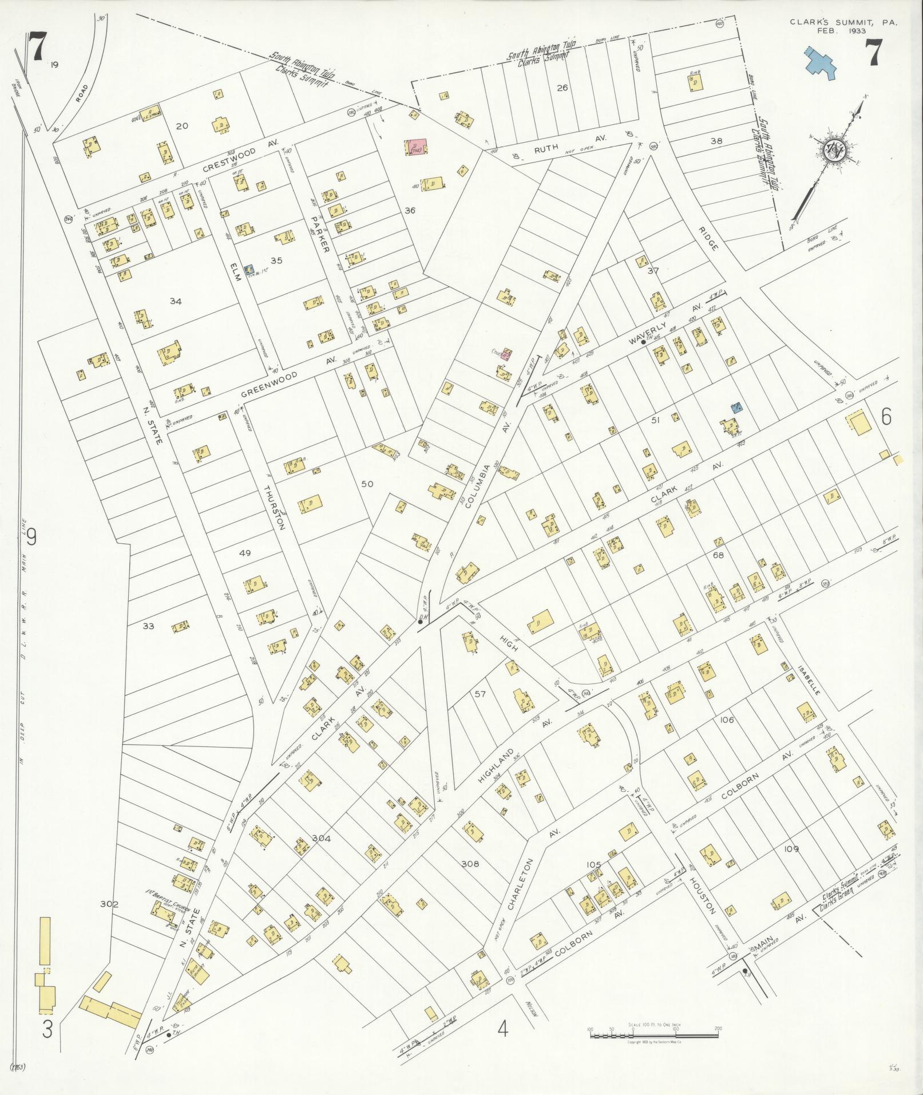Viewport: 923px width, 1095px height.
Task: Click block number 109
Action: (791, 849)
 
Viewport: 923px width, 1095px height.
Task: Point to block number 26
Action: (562, 88)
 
